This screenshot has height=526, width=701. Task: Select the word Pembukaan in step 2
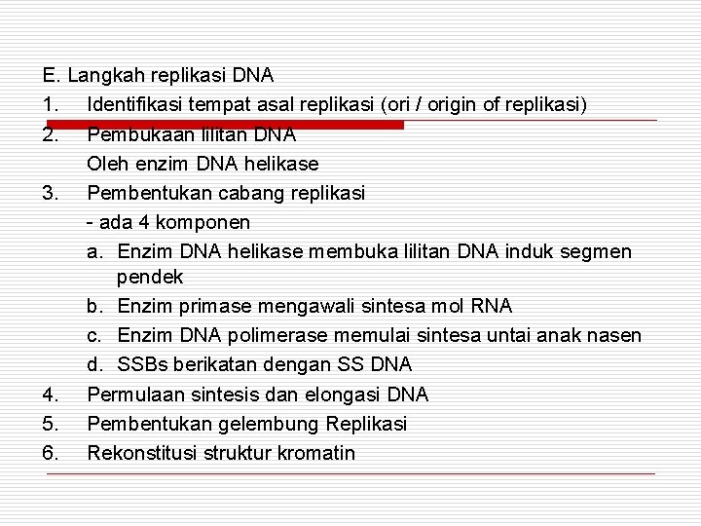click(x=132, y=133)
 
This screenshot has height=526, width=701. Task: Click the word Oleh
click(x=107, y=163)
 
